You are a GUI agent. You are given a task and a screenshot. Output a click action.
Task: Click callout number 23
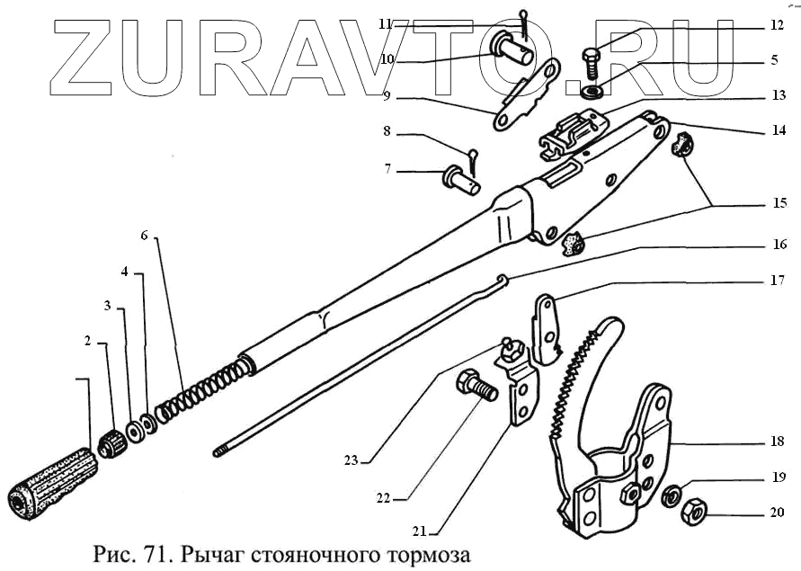[x=351, y=460]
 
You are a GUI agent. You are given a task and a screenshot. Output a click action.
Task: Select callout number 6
[x=144, y=236]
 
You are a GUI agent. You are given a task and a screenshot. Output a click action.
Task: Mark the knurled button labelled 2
[x=112, y=442]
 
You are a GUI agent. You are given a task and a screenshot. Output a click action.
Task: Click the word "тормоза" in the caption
[x=425, y=549]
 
